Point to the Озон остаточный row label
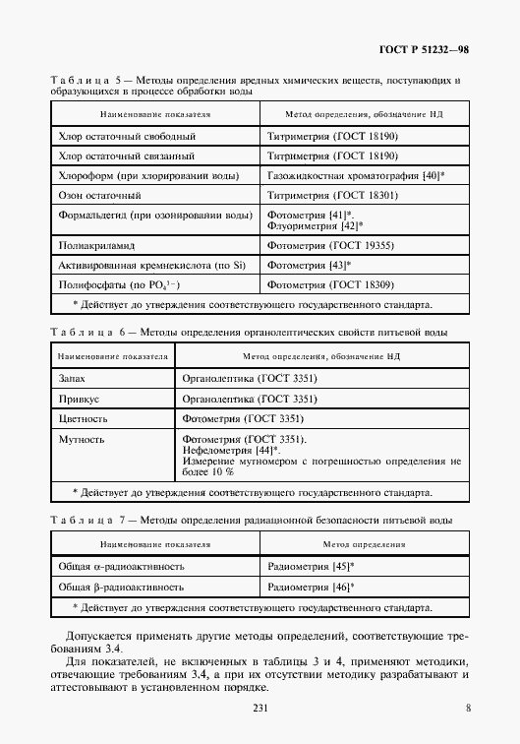tap(101, 196)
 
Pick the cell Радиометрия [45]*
tap(311, 568)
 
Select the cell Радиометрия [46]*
tap(311, 588)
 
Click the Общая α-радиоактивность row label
tap(122, 568)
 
